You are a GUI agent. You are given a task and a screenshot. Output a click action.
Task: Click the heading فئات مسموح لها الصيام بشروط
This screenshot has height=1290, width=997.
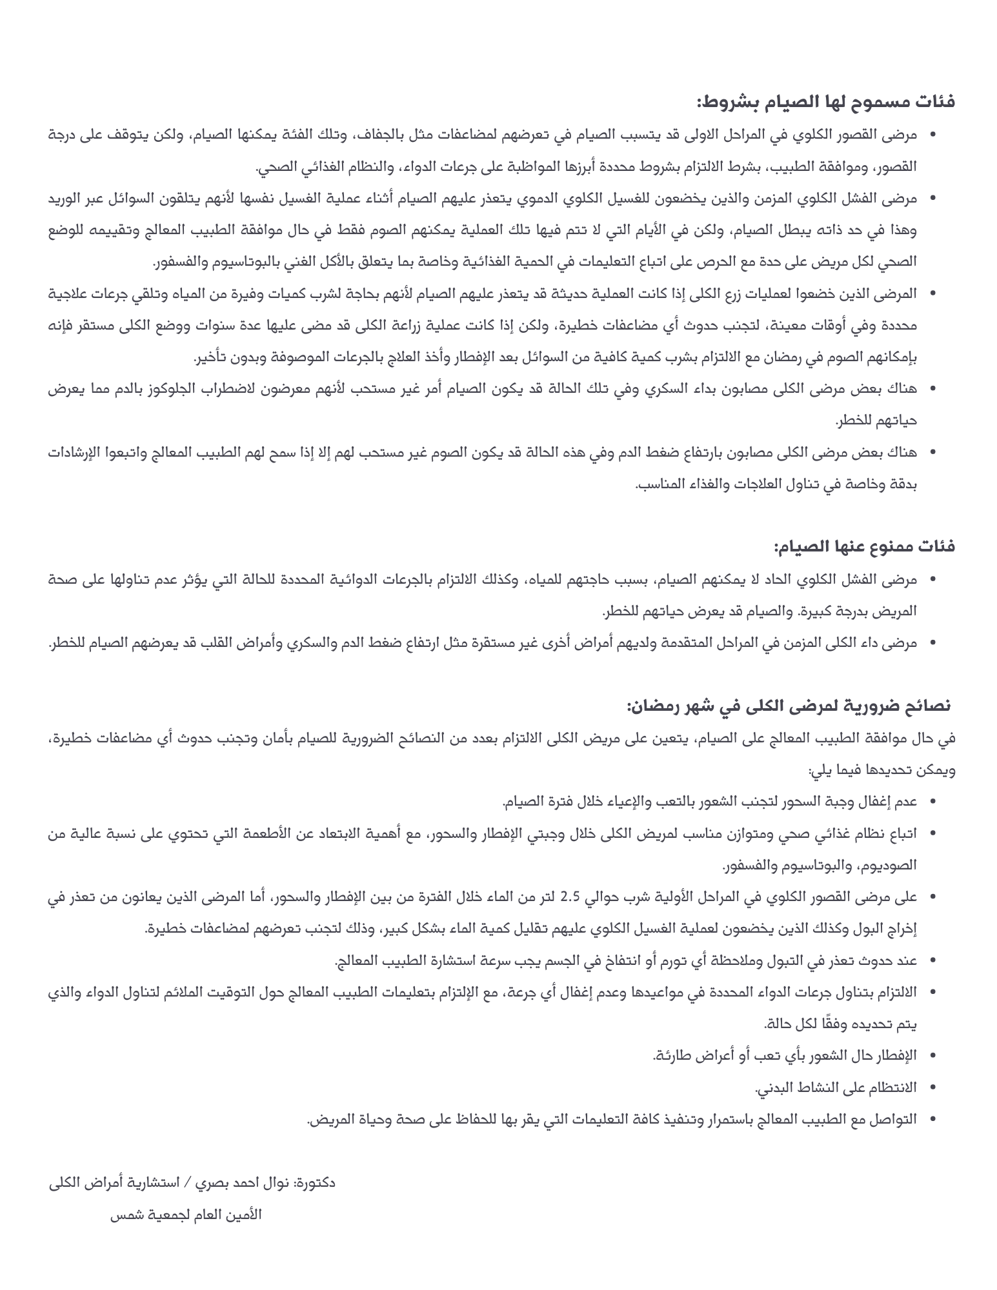pos(825,102)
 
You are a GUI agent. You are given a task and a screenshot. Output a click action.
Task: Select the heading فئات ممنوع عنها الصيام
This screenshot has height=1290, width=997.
pos(865,547)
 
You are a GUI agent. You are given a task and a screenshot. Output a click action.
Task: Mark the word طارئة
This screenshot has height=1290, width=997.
pos(671,1055)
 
